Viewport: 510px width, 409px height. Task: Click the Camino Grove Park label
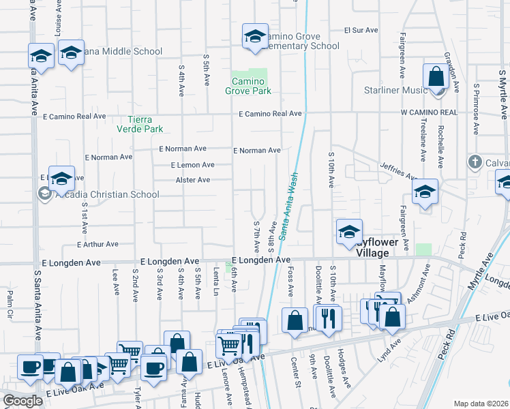pos(248,86)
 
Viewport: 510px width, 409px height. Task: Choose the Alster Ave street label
pos(193,180)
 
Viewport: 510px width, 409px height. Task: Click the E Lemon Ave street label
pos(193,165)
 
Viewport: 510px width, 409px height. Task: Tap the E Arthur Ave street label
pos(98,244)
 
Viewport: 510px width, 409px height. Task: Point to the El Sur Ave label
pos(361,31)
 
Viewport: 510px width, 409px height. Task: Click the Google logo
pos(22,401)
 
